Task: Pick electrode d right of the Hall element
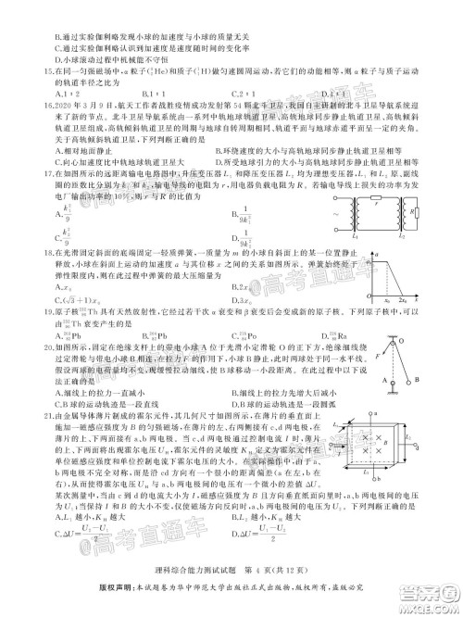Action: click(404, 460)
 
